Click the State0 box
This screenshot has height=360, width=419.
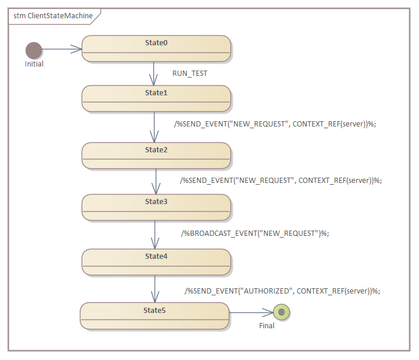(156, 48)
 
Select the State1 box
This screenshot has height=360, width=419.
(156, 98)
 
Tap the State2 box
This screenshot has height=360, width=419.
(156, 155)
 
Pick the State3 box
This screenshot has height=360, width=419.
(156, 207)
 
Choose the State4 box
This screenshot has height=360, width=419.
(156, 262)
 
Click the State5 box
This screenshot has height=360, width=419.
(154, 315)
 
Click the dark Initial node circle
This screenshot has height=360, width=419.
(34, 50)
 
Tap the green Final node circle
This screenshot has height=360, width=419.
(281, 312)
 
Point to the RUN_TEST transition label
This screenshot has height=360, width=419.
(190, 74)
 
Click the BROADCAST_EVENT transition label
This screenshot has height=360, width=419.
(255, 233)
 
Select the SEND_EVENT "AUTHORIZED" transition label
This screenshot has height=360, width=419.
(282, 291)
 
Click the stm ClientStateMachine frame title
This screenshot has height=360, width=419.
(53, 16)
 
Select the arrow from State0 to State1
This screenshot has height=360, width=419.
(154, 74)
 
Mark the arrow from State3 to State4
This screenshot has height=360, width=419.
(155, 235)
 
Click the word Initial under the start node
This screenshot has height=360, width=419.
(34, 64)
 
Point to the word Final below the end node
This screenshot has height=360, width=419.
(267, 325)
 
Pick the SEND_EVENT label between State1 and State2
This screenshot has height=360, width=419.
(274, 124)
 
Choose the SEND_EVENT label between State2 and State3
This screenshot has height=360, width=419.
(281, 181)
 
